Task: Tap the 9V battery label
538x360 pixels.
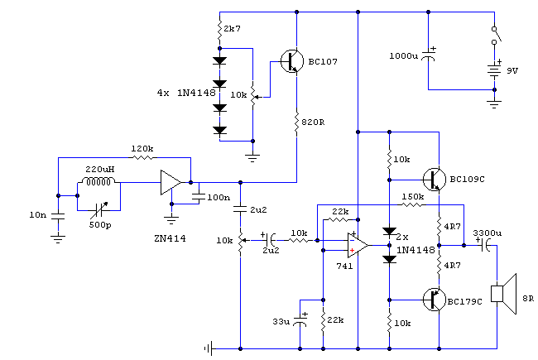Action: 512,71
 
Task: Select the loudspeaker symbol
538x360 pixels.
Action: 502,293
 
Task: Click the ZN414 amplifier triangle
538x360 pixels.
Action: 171,183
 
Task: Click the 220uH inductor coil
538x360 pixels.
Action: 98,182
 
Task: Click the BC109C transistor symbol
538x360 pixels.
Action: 434,179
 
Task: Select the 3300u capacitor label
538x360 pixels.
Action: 488,233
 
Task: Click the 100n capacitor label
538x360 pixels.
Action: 219,197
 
